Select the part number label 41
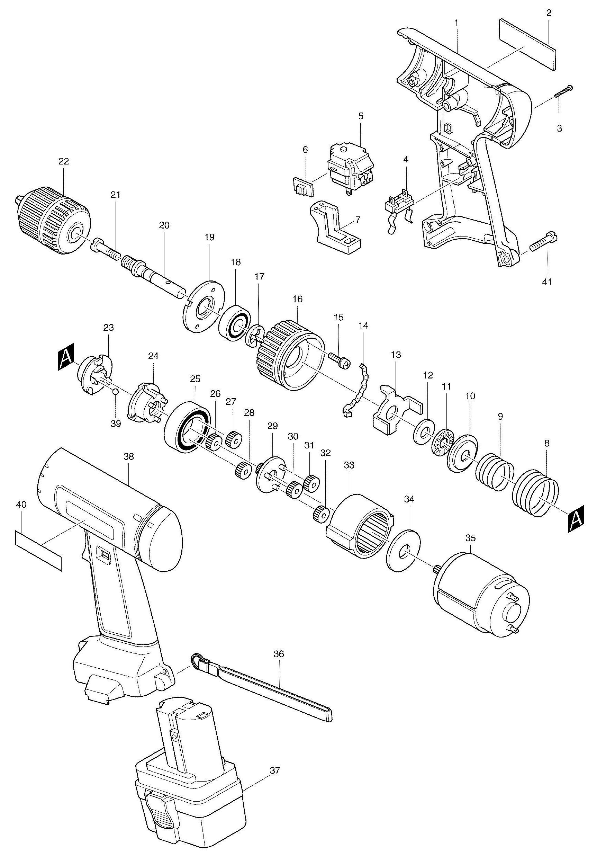(x=547, y=282)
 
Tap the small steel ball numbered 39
(x=116, y=391)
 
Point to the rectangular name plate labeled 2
(x=527, y=45)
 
